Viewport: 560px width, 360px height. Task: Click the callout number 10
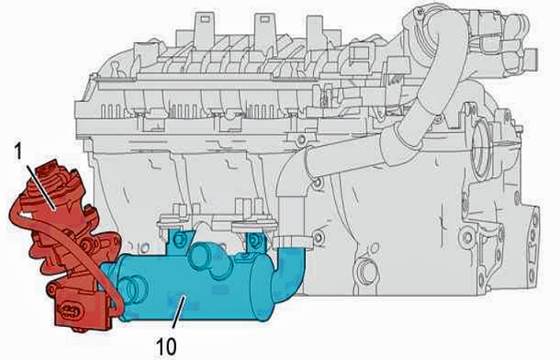[x=166, y=346]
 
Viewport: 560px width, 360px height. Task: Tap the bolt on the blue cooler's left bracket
[x=179, y=240]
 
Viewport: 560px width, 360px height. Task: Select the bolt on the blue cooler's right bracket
[x=255, y=240]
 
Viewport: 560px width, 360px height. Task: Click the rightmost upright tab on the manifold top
[x=316, y=32]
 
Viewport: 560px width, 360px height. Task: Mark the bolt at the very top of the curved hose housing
[x=420, y=12]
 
